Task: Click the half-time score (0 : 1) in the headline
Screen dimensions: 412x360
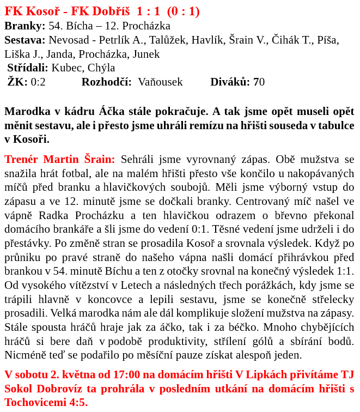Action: [183, 11]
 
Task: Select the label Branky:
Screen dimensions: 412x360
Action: [25, 26]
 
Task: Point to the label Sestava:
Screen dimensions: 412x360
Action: [25, 40]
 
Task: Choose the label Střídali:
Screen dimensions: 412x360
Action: [28, 68]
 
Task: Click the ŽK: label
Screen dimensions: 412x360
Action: [17, 82]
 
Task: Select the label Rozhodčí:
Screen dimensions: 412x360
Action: [107, 82]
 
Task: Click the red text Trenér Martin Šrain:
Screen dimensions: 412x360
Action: [60, 160]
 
